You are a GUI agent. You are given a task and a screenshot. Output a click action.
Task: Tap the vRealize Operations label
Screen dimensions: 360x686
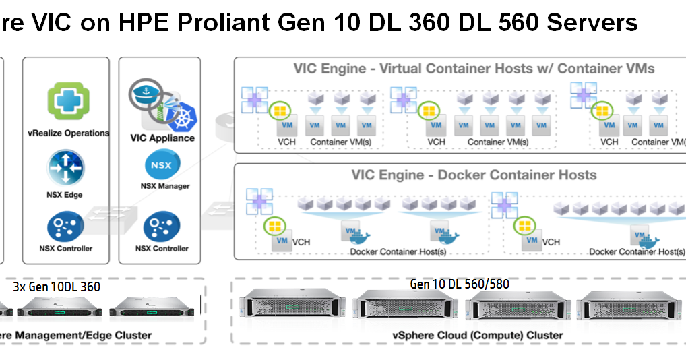[x=69, y=133]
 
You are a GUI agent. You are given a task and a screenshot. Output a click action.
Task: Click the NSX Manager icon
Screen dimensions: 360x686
[x=161, y=165]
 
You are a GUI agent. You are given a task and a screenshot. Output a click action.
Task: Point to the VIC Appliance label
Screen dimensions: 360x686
[x=162, y=138]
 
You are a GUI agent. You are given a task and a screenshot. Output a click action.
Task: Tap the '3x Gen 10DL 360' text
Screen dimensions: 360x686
[x=57, y=287]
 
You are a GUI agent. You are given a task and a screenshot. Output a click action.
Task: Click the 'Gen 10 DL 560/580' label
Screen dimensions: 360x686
[x=460, y=284]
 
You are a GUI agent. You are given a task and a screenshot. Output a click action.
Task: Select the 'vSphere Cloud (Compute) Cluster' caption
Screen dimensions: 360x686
[x=477, y=335]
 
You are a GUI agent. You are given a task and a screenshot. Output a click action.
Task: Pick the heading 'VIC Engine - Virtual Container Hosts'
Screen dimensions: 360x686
[x=474, y=69]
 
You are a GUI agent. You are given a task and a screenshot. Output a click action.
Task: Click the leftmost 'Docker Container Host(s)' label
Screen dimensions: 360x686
[x=398, y=252]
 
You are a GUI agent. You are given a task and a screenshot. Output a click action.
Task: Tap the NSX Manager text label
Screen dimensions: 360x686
[x=164, y=186]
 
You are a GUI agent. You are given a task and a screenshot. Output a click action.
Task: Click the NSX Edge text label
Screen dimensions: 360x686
[x=65, y=195]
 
